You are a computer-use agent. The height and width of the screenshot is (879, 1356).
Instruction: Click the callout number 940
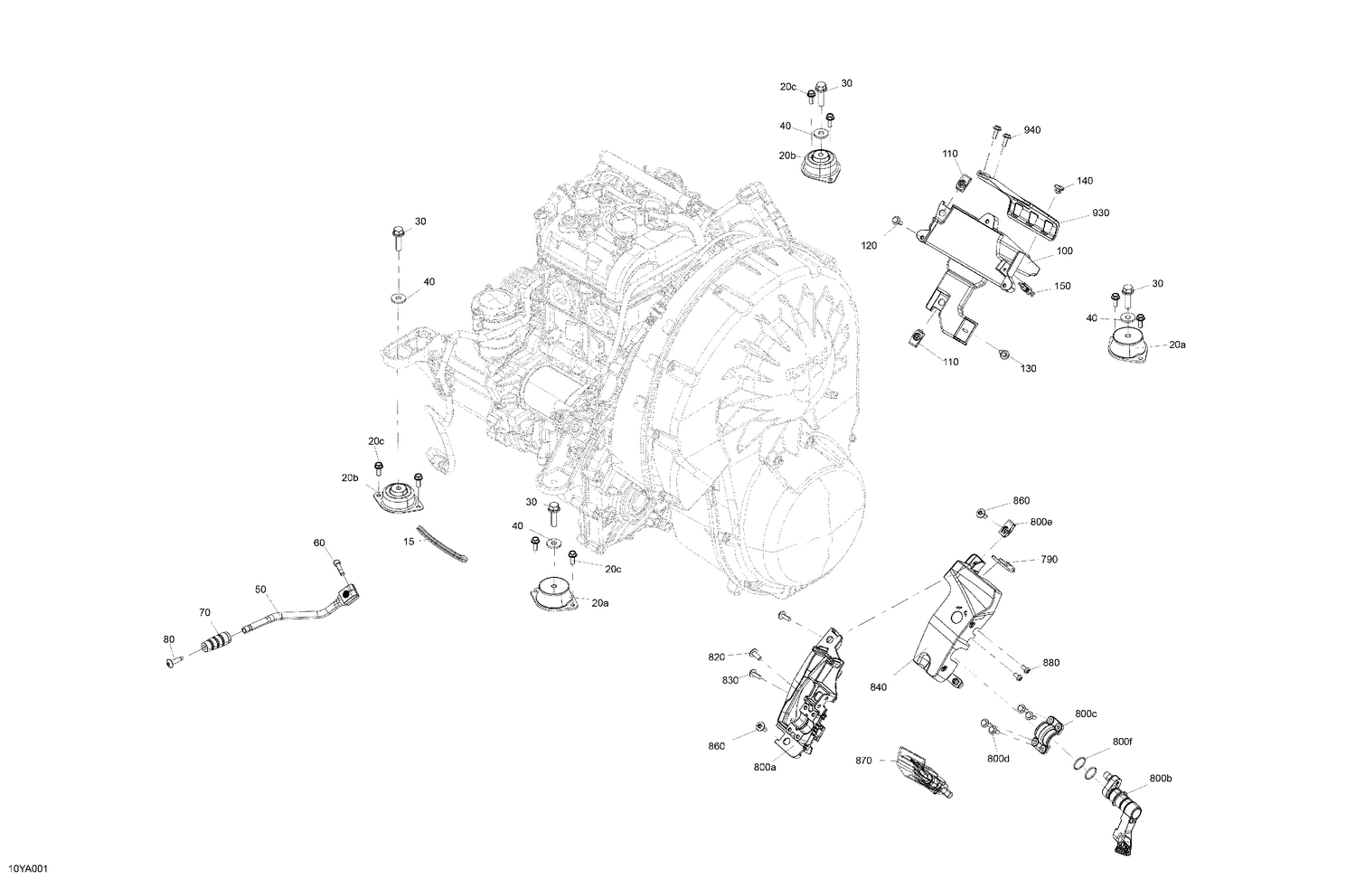[x=1032, y=130]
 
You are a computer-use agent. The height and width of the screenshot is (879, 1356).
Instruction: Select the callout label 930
[x=1100, y=213]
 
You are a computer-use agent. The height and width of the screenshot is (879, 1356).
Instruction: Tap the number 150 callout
[x=1062, y=287]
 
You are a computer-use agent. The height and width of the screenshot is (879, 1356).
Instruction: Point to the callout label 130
[x=1029, y=369]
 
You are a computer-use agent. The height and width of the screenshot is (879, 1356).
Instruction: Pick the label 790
[x=1049, y=560]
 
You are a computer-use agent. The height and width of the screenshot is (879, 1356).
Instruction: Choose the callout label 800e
[x=1041, y=523]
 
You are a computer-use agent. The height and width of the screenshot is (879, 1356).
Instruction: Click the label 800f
[x=1122, y=742]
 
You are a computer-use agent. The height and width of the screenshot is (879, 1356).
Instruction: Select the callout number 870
[x=863, y=761]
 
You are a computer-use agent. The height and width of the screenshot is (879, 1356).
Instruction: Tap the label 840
[x=879, y=687]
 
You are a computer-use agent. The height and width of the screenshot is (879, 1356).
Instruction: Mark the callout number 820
[x=717, y=657]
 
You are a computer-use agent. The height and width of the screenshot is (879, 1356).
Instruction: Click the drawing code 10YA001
[x=27, y=869]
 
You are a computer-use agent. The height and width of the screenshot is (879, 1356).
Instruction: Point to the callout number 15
[x=408, y=543]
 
